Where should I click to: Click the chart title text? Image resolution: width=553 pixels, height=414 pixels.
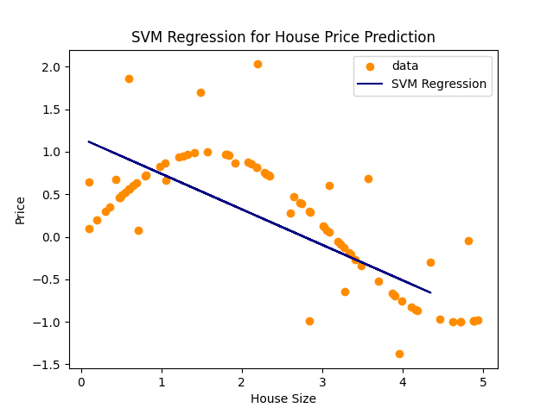click(283, 37)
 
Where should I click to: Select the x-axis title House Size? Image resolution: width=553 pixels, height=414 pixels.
click(283, 398)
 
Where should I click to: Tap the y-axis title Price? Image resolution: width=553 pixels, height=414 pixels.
click(20, 209)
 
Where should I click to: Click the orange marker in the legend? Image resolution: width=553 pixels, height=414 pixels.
click(372, 66)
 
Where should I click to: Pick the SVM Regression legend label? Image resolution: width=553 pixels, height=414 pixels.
click(439, 84)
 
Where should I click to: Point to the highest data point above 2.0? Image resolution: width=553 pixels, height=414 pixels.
click(257, 64)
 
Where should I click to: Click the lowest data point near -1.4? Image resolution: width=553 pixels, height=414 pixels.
click(399, 354)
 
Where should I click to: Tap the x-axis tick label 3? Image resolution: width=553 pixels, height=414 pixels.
click(322, 382)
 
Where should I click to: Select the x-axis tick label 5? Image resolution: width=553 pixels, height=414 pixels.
click(483, 382)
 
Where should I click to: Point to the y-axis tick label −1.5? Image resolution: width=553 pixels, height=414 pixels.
click(52, 365)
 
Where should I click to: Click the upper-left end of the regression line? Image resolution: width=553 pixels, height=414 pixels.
click(89, 141)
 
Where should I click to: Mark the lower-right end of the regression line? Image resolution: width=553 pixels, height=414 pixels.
click(430, 293)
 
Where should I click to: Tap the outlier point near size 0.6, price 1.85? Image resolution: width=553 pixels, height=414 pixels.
click(129, 78)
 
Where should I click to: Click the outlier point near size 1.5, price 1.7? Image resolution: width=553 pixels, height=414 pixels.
click(200, 92)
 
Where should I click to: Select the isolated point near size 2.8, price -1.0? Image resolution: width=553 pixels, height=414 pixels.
click(309, 321)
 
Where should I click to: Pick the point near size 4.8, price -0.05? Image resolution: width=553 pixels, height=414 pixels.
click(468, 241)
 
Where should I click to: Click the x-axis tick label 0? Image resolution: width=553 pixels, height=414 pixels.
click(81, 382)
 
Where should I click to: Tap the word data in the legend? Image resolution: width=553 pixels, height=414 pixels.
click(405, 66)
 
